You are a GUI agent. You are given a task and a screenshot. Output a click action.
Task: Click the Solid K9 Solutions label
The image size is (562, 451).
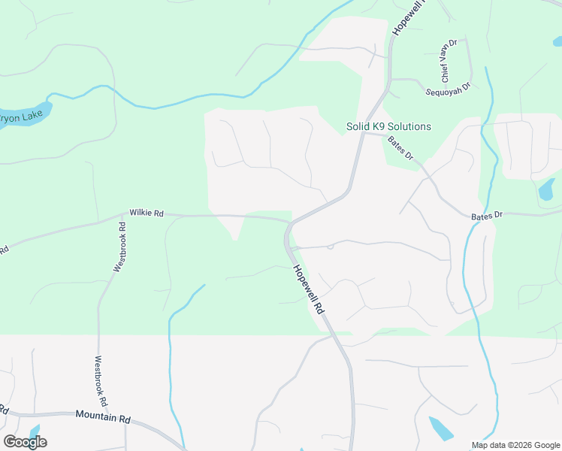point(388,126)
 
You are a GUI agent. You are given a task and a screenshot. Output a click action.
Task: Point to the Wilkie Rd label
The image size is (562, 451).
point(146,213)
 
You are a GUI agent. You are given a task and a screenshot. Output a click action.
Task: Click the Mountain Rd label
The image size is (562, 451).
point(103,415)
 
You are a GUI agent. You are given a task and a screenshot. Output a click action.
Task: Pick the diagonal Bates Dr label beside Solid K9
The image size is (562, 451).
point(400,147)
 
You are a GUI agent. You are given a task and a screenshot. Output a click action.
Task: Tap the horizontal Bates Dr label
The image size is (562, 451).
point(486,216)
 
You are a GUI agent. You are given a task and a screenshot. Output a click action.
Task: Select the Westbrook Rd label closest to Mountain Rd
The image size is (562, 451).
point(101,380)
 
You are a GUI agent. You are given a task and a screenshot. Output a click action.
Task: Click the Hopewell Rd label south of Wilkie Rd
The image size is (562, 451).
point(309,289)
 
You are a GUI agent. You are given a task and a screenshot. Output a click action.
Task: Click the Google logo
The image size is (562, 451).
point(25,441)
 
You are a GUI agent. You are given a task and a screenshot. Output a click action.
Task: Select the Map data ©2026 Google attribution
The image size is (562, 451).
point(515,445)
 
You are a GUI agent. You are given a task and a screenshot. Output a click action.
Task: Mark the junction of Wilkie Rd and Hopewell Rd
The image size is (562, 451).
point(289,222)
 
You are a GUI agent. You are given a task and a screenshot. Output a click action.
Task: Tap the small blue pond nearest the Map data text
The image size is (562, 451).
point(440,428)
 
